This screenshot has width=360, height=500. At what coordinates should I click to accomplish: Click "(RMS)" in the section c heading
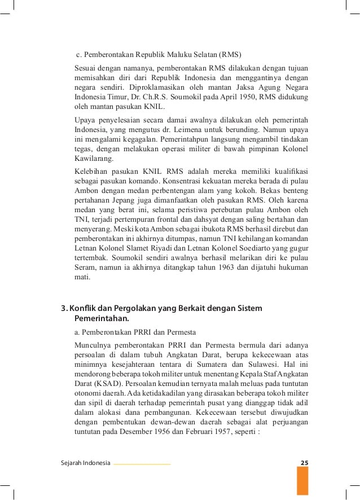tap(230, 55)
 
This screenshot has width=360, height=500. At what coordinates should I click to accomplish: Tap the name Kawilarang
tap(94, 159)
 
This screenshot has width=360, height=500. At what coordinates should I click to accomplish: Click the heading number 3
tap(63, 308)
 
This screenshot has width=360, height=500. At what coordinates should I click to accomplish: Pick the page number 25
tap(304, 463)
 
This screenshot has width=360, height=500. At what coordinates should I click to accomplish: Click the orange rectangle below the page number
tap(303, 480)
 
